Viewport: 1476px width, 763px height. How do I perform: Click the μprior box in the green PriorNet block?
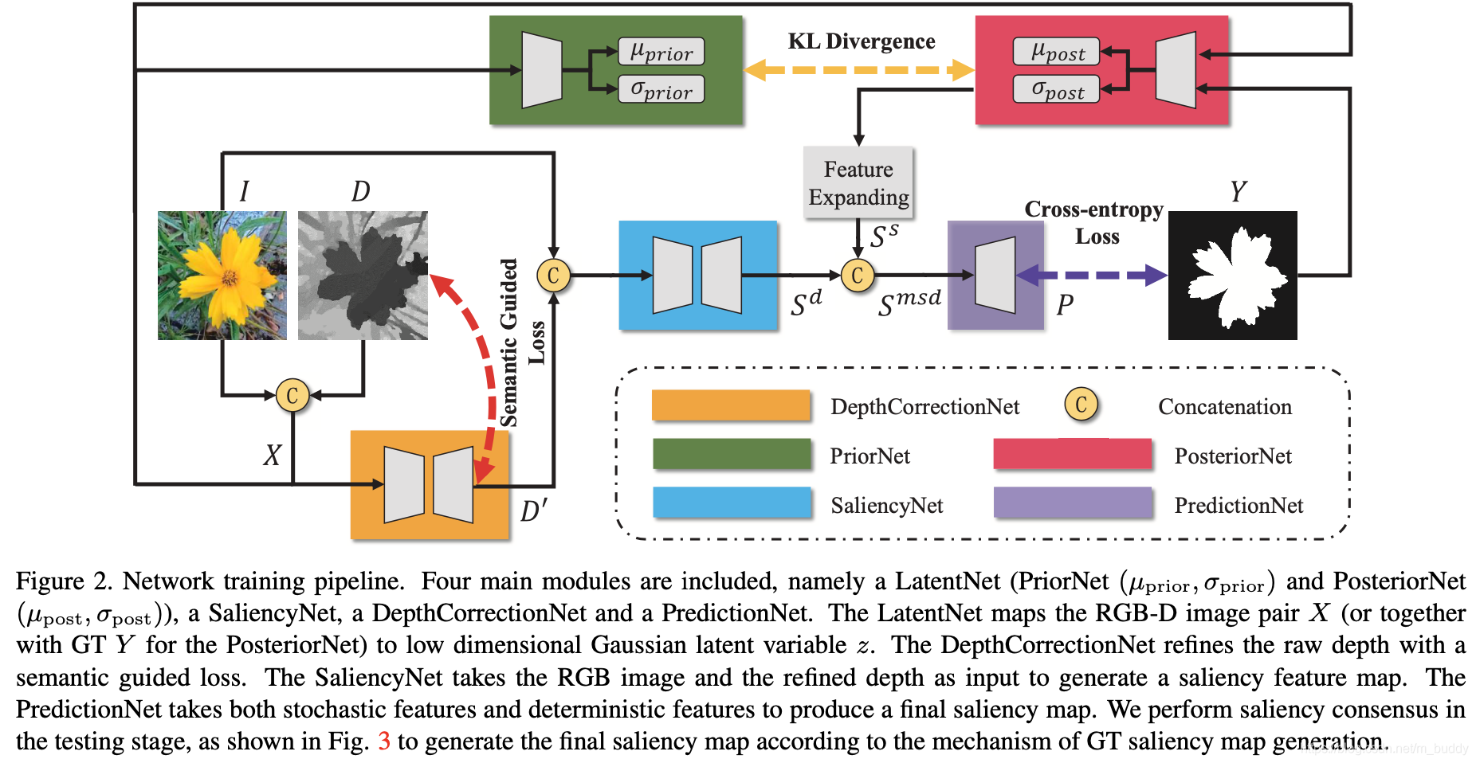[661, 52]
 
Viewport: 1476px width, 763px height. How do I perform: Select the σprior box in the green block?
[661, 89]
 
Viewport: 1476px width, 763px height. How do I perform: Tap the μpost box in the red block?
[1056, 52]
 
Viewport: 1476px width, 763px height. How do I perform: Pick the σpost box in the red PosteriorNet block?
[1056, 89]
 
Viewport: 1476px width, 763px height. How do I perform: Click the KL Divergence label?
[861, 41]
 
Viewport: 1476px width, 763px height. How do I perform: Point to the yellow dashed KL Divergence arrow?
[859, 70]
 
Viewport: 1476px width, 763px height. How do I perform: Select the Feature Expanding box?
[858, 182]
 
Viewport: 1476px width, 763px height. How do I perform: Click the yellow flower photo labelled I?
[222, 276]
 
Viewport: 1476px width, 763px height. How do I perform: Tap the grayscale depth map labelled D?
[363, 276]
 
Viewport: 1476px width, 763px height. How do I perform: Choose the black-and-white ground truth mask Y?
[1232, 276]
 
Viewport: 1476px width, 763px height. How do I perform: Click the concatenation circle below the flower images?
[292, 395]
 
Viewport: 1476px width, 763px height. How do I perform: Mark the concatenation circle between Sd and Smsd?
[858, 276]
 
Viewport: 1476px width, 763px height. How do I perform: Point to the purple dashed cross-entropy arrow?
[1092, 276]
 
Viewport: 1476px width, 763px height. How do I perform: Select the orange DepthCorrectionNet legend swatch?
[731, 405]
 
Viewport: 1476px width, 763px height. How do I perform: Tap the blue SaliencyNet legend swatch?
[732, 503]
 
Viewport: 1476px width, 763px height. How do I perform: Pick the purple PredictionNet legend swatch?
[1073, 503]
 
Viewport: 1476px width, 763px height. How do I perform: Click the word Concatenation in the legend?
[1224, 407]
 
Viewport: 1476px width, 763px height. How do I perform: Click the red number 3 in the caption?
[384, 741]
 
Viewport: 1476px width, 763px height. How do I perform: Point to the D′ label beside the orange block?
[534, 511]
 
